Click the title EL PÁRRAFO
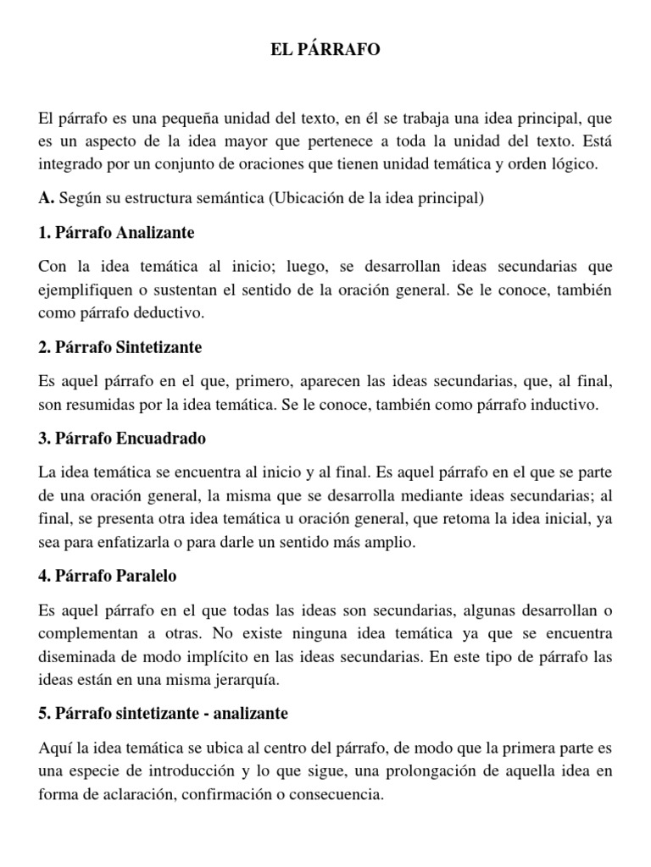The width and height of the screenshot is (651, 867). point(325,52)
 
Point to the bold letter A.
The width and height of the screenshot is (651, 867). point(46,199)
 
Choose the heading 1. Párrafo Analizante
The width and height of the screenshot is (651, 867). point(117,232)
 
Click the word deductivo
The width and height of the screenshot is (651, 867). point(174,312)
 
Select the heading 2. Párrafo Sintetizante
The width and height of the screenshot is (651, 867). point(120,347)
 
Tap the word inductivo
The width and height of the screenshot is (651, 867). point(562,405)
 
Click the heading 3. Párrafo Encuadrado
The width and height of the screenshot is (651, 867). point(122,439)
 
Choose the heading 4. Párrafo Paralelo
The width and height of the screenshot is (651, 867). point(107,576)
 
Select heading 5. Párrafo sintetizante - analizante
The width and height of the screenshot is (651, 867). point(164,714)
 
